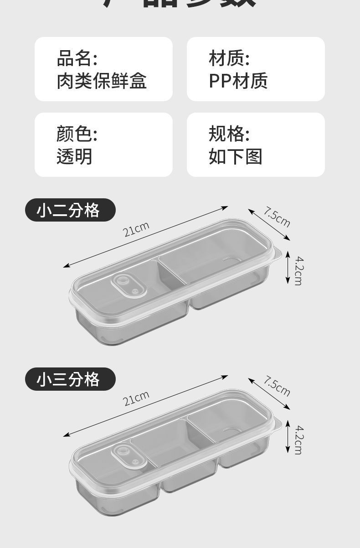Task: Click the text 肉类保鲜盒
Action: pyautogui.click(x=102, y=81)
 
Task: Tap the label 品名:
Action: pyautogui.click(x=77, y=59)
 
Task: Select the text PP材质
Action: pyautogui.click(x=238, y=81)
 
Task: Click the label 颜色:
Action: pyautogui.click(x=77, y=134)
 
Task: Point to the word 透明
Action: pyautogui.click(x=74, y=156)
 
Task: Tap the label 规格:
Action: pyautogui.click(x=229, y=134)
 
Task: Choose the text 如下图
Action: pyautogui.click(x=235, y=156)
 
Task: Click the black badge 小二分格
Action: pyautogui.click(x=70, y=210)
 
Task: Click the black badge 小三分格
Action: pyautogui.click(x=70, y=379)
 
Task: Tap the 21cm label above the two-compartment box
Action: pyautogui.click(x=136, y=229)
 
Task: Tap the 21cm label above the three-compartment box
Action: pyautogui.click(x=136, y=398)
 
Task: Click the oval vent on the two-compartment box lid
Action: pyautogui.click(x=128, y=286)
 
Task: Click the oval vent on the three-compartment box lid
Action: pyautogui.click(x=128, y=455)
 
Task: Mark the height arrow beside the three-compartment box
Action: pyautogui.click(x=288, y=437)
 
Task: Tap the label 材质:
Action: pyautogui.click(x=229, y=59)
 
